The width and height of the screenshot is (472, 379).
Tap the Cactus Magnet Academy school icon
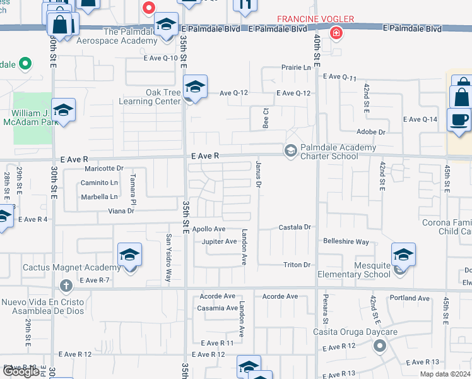(x=130, y=256)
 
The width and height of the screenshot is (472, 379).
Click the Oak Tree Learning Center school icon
(x=195, y=87)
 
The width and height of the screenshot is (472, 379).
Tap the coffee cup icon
(x=459, y=119)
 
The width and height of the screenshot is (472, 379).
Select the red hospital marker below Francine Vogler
(x=336, y=33)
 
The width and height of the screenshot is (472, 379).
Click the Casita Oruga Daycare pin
(x=379, y=346)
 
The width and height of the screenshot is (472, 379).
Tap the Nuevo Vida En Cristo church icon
(x=68, y=286)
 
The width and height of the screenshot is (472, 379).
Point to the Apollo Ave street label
(x=209, y=229)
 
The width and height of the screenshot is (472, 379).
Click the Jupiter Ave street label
(x=219, y=241)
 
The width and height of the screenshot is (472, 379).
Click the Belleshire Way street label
(x=346, y=241)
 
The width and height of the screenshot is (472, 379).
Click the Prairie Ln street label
(x=297, y=67)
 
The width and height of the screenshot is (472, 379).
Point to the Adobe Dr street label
(x=370, y=132)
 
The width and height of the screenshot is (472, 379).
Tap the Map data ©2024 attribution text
(x=444, y=374)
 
